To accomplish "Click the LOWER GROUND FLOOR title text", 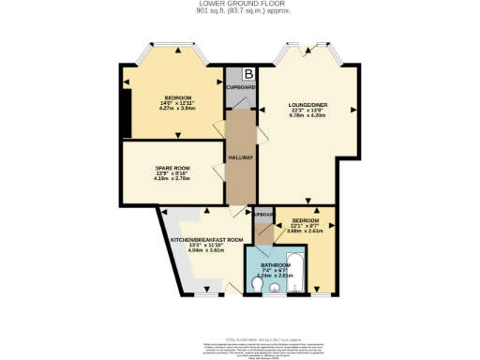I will click(240, 5).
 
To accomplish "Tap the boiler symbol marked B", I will click(248, 74).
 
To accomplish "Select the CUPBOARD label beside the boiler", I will click(241, 86).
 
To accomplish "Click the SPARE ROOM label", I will click(172, 168).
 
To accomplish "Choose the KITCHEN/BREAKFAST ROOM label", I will click(206, 239).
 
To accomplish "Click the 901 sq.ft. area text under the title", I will click(240, 12).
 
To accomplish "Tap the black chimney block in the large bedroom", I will click(125, 113).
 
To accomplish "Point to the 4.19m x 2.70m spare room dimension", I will click(172, 179).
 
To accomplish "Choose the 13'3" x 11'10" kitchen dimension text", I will click(206, 245).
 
